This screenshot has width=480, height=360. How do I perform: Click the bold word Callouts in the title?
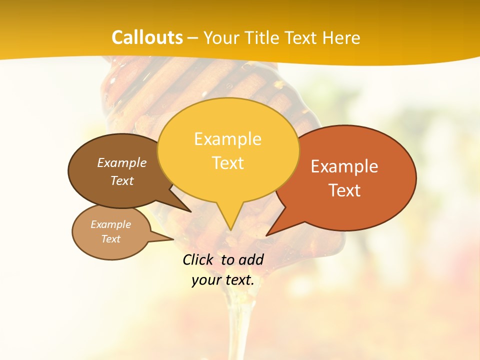point(147,37)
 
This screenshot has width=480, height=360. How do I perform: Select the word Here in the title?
point(342,37)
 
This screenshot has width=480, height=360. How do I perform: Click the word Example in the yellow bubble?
point(227,139)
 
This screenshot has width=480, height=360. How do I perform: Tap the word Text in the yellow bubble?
point(227,162)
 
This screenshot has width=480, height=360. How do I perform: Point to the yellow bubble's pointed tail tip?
point(230,230)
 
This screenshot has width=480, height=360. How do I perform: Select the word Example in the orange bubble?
point(344,166)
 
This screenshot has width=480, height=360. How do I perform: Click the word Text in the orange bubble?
point(344,190)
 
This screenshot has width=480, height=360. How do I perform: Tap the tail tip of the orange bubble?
point(267,235)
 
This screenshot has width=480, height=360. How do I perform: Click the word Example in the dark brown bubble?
point(122,162)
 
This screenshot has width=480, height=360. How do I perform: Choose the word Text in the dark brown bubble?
point(122,180)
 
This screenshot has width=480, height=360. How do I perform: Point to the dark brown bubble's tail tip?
point(190,211)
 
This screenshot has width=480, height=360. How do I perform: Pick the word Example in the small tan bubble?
point(111,224)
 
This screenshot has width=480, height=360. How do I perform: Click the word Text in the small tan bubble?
point(111,239)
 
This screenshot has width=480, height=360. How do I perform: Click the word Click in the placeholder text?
point(197,259)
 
